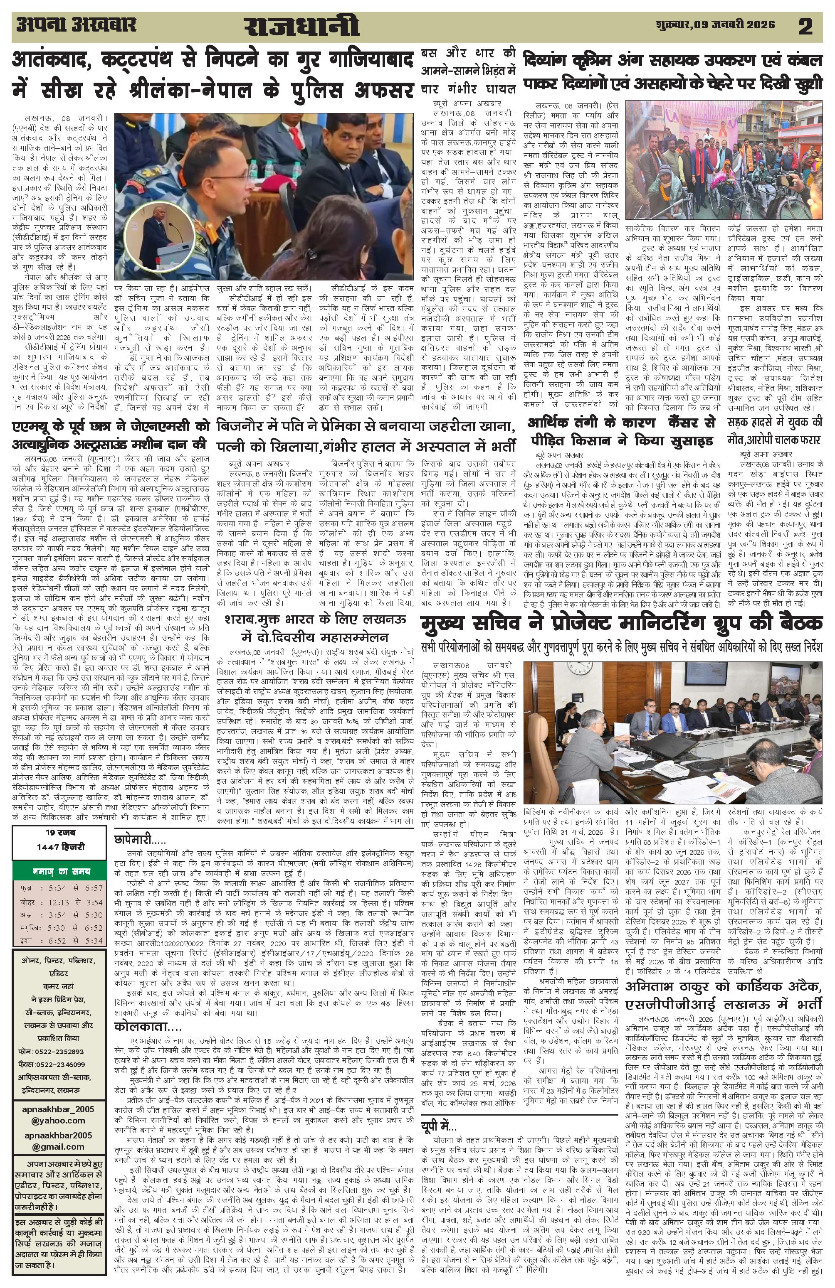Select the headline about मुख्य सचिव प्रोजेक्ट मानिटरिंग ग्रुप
[623, 624]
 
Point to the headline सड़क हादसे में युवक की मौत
[780, 430]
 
